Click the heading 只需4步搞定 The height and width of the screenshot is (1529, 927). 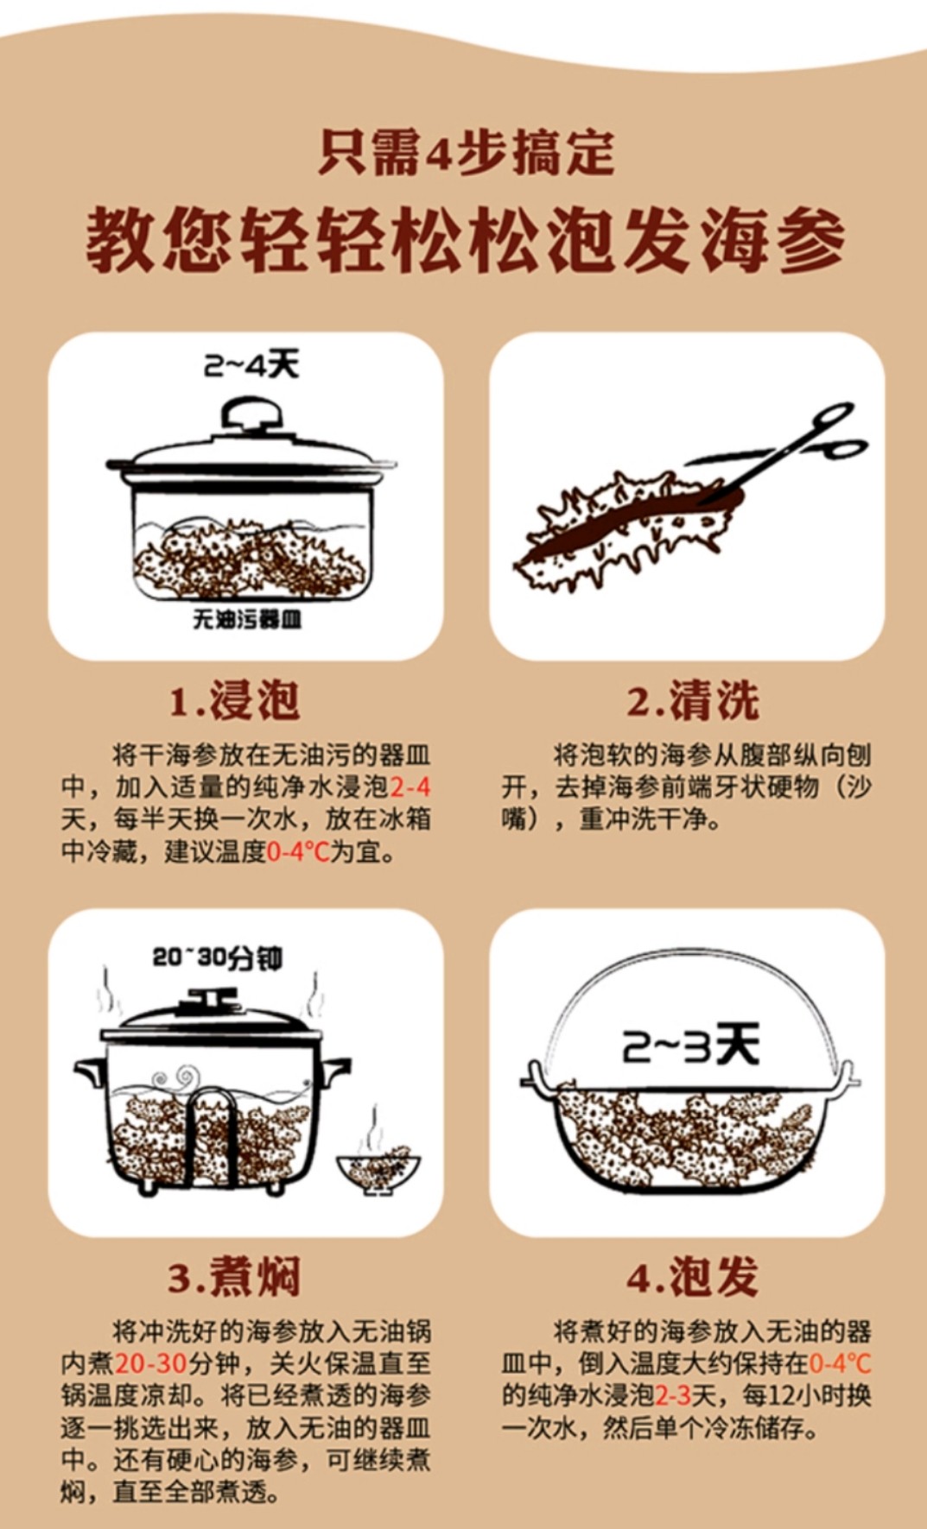click(x=466, y=153)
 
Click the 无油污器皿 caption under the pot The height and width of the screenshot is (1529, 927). click(x=248, y=618)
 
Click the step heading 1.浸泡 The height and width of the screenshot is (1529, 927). click(x=235, y=700)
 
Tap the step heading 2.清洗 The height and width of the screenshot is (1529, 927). click(x=693, y=700)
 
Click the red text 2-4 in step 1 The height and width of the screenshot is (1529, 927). click(x=410, y=787)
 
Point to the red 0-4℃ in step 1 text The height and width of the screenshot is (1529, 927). click(x=298, y=852)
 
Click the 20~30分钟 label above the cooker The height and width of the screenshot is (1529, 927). click(x=218, y=957)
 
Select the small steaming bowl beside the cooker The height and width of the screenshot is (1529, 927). click(x=378, y=1166)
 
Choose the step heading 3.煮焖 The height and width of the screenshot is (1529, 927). click(x=235, y=1277)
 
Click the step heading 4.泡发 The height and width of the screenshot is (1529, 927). click(x=693, y=1277)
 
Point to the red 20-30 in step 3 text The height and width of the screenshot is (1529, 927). click(x=151, y=1363)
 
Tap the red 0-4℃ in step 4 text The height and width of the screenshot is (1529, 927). click(x=840, y=1363)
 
